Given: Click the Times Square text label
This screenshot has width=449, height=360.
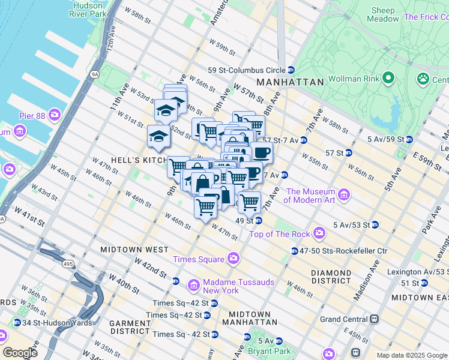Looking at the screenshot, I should pyautogui.click(x=198, y=259).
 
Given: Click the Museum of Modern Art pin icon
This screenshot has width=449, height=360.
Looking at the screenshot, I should pyautogui.click(x=343, y=194).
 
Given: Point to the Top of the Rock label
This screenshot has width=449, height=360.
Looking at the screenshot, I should pyautogui.click(x=279, y=233).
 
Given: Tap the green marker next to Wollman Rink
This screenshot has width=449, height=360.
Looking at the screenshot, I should pyautogui.click(x=388, y=78).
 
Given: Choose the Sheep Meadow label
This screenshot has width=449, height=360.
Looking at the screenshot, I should pyautogui.click(x=384, y=14).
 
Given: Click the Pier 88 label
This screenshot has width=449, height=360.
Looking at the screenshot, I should pyautogui.click(x=35, y=114).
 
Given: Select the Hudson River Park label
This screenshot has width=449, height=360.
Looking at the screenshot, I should pyautogui.click(x=89, y=10).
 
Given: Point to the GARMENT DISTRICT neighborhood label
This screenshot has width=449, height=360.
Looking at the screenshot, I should pyautogui.click(x=130, y=327).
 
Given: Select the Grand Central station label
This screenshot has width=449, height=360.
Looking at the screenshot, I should pyautogui.click(x=345, y=319).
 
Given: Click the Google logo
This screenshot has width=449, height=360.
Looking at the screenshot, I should pyautogui.click(x=20, y=352).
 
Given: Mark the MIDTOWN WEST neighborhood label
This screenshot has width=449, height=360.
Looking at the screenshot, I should pyautogui.click(x=134, y=249).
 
